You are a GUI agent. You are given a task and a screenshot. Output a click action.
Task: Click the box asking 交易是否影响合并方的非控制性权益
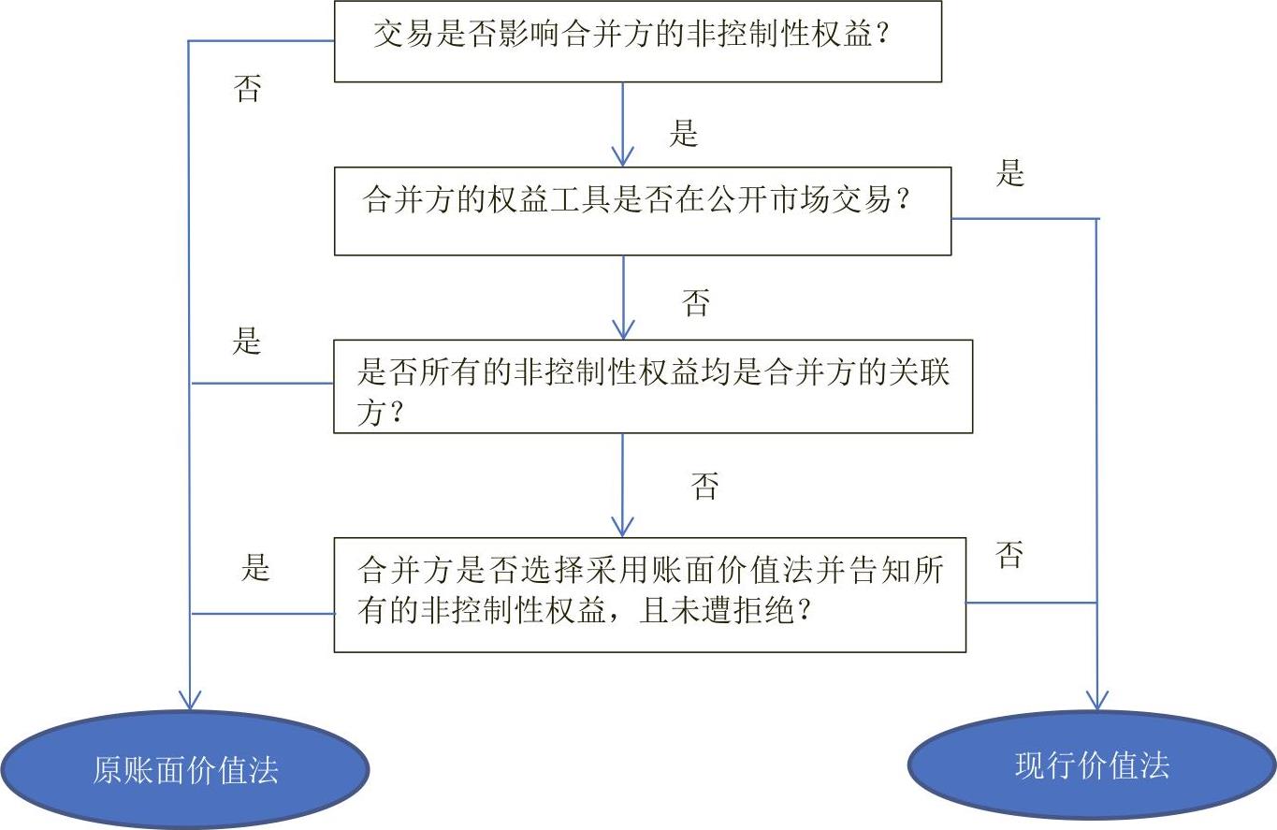coord(637,41)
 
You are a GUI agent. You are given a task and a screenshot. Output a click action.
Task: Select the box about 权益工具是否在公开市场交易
coord(643,211)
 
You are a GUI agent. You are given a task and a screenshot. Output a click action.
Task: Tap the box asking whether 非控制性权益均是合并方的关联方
coord(653,386)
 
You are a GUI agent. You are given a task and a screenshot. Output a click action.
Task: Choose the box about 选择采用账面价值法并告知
coord(649,594)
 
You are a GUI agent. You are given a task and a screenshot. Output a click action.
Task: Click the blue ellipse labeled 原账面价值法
coord(184,769)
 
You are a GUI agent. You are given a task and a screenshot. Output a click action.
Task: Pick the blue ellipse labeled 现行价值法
coord(1092,765)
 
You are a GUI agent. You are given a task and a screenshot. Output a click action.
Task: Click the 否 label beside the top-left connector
coord(247,88)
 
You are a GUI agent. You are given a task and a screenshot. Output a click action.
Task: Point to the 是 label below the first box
coord(684,134)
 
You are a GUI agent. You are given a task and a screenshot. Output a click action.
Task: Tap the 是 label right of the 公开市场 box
coord(1010,173)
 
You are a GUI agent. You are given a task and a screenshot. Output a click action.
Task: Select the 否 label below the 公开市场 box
coord(696,302)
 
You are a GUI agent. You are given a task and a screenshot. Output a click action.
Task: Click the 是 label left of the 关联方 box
coord(247,341)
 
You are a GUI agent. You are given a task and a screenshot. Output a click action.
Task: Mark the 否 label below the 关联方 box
coord(704,487)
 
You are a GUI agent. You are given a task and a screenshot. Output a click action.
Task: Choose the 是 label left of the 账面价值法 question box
coord(255,567)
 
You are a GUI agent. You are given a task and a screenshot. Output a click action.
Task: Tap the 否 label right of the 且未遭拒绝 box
coord(1009,555)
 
